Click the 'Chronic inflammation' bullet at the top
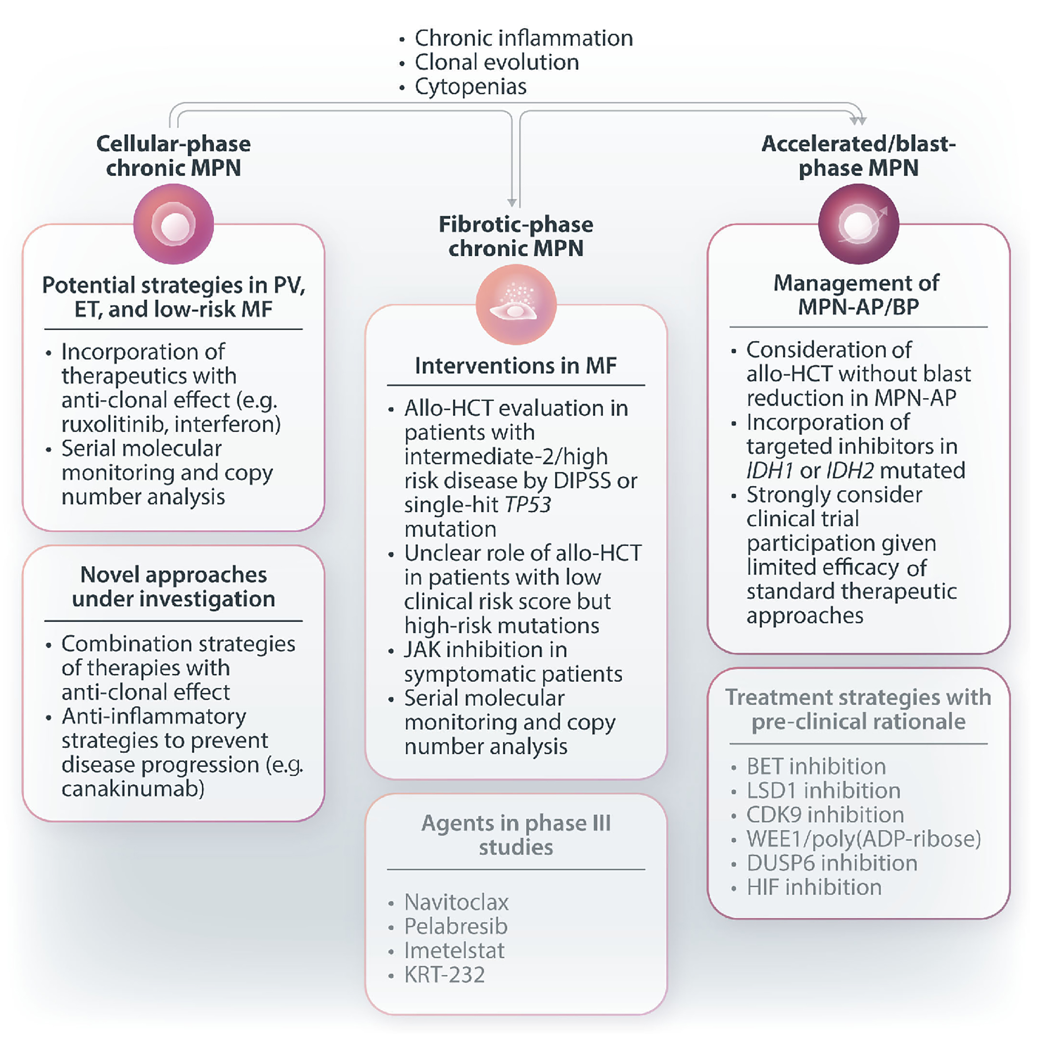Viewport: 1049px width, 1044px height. (x=523, y=39)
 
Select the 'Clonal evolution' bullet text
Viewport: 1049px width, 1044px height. (x=496, y=63)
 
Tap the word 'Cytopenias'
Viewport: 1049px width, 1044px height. (x=470, y=87)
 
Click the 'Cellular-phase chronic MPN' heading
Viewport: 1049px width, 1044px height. (x=173, y=156)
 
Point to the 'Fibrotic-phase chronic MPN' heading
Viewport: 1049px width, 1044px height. (x=515, y=236)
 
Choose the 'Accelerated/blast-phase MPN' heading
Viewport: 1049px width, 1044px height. (x=858, y=156)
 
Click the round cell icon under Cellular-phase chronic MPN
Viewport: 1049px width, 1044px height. (x=174, y=224)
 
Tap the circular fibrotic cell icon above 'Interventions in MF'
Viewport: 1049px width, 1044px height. (x=516, y=305)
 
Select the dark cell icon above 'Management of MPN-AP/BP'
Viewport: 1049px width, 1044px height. (x=858, y=224)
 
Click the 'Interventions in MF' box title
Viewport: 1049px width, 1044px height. (x=515, y=366)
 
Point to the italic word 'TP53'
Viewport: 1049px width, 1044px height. (x=528, y=505)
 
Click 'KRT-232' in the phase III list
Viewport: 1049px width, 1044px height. (x=444, y=975)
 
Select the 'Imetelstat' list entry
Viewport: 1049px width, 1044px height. (x=454, y=951)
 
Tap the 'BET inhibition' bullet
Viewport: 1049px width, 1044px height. (x=815, y=767)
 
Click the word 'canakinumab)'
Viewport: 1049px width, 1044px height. (x=133, y=789)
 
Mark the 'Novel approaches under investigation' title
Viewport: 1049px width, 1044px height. (x=173, y=587)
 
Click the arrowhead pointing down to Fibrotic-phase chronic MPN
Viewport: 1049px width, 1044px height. (x=511, y=202)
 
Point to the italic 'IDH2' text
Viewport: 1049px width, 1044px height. (x=850, y=471)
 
